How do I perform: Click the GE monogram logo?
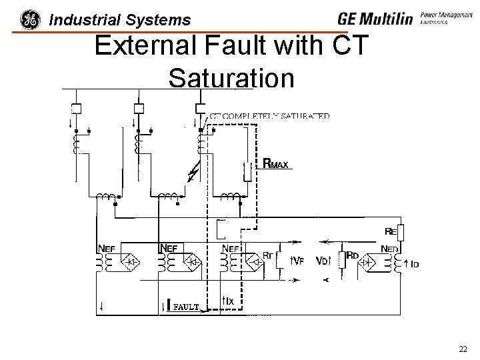30,19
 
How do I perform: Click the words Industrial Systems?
120,21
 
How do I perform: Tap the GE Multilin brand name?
375,19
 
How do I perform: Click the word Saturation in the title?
231,79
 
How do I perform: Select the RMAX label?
276,163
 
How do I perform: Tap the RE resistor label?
391,231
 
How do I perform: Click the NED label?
390,248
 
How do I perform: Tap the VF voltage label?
297,261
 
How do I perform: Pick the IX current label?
227,301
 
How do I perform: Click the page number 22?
463,349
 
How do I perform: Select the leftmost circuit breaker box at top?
75,109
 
